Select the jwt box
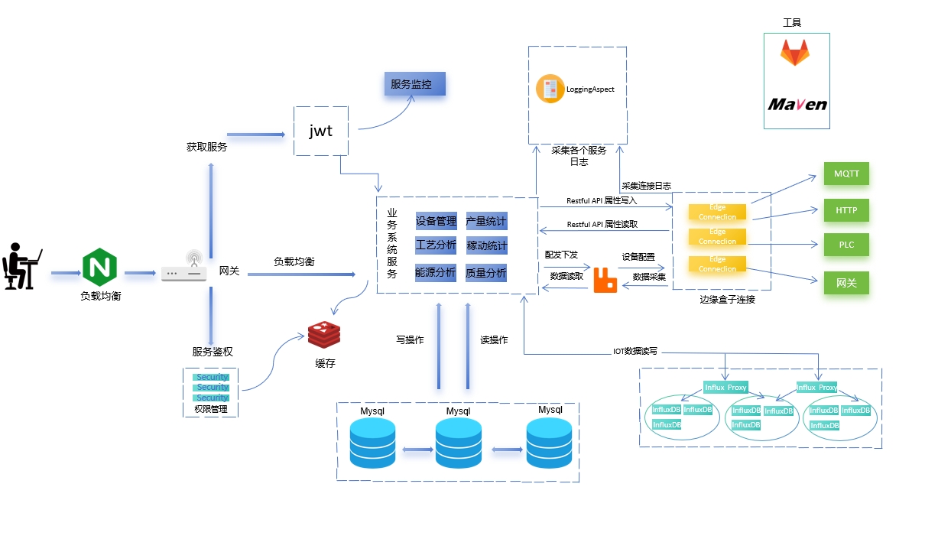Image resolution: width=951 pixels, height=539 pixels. click(321, 131)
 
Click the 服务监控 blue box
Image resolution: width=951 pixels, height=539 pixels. click(414, 84)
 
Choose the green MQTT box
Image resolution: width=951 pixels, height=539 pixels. click(846, 174)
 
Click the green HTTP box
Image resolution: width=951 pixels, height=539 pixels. click(846, 209)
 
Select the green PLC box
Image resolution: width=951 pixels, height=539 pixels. click(846, 245)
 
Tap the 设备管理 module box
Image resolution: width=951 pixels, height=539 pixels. click(436, 222)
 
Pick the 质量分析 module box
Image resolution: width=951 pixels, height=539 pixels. click(486, 272)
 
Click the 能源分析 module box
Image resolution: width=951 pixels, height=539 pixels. click(436, 272)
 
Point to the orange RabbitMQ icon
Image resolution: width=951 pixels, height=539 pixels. click(605, 281)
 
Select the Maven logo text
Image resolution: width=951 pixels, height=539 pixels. click(797, 104)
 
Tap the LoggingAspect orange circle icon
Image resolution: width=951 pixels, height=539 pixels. click(550, 89)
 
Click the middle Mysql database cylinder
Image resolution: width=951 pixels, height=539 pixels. click(459, 443)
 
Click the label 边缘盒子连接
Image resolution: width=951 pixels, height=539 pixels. click(727, 300)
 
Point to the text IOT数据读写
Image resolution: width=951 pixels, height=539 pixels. click(635, 352)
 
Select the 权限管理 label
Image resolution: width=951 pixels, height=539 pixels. click(211, 409)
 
